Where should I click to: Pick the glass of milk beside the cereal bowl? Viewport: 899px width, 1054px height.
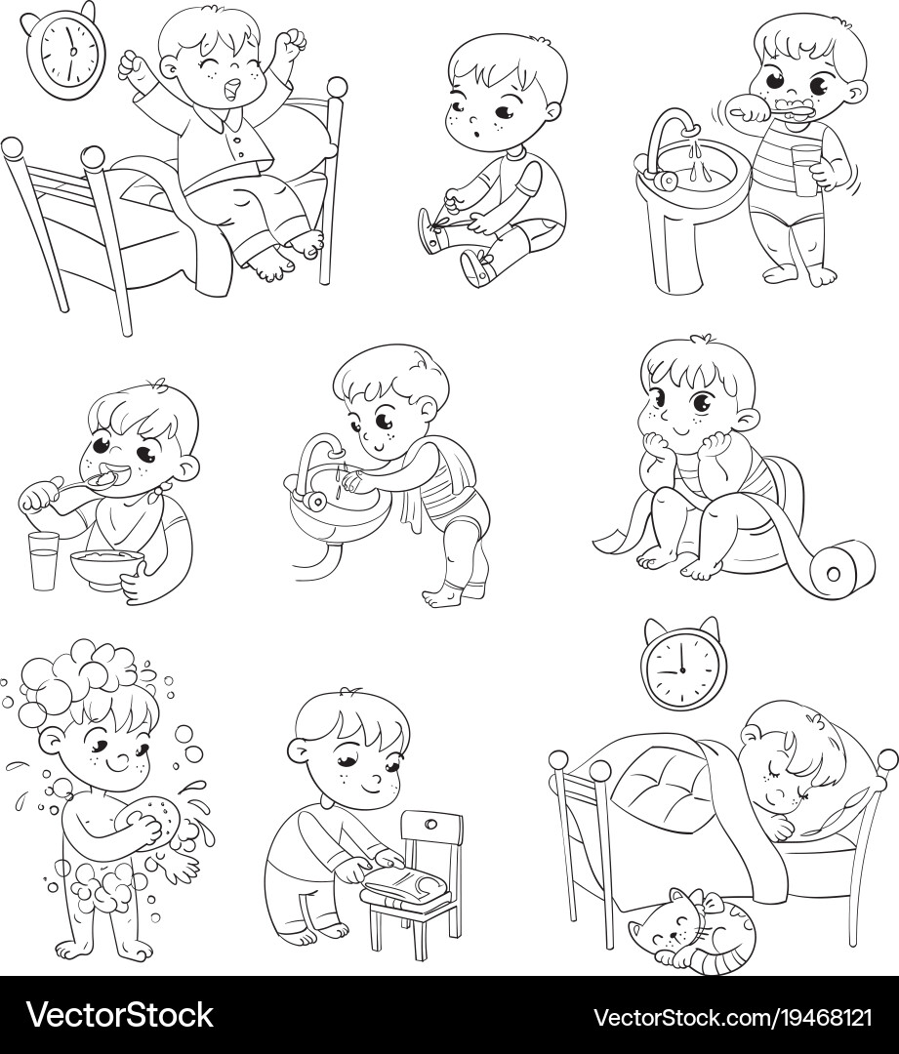click(42, 561)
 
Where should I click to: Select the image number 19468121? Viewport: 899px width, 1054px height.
click(815, 1015)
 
